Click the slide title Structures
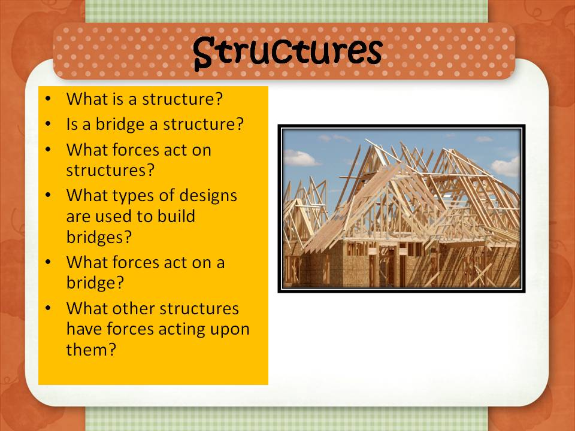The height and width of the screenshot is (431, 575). pos(287,52)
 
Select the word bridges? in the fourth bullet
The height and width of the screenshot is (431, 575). pos(99,236)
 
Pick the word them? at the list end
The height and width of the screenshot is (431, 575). pos(90,350)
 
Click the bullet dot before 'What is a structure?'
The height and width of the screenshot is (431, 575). pos(47,99)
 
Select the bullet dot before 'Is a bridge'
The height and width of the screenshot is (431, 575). pos(47,125)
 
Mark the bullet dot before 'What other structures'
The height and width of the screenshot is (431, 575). pos(47,309)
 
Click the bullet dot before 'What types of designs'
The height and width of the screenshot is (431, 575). pos(47,196)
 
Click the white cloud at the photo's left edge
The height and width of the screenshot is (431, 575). pos(299,158)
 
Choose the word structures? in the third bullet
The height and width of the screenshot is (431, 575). pos(110,169)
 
